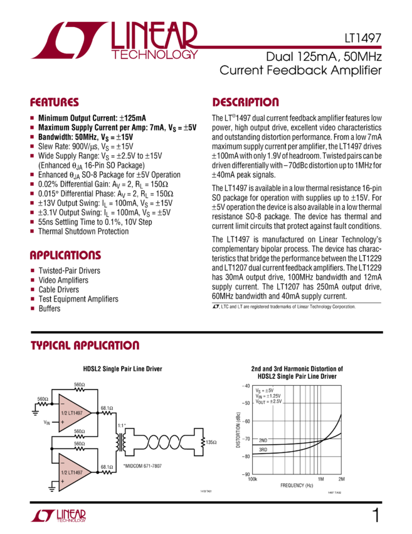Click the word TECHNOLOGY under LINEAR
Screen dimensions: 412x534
pos(154,55)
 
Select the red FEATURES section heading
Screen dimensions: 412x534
pos(55,102)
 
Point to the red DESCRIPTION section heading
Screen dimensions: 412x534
pos(246,102)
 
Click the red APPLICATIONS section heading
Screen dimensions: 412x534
pos(66,255)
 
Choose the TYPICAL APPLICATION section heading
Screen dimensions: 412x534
pos(85,346)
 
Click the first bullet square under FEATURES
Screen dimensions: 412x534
pos(32,117)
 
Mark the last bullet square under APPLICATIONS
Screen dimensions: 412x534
pos(32,308)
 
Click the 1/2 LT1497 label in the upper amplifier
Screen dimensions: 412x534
pos(72,413)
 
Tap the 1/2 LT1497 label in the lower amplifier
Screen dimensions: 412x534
pos(72,472)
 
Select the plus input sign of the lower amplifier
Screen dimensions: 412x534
pos(63,481)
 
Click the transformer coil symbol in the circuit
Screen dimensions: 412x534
pos(121,442)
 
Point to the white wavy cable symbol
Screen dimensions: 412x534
pos(164,442)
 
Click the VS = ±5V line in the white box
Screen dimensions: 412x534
pos(265,390)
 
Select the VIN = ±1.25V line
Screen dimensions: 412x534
pos(268,396)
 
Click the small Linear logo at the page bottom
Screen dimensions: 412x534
pos(58,516)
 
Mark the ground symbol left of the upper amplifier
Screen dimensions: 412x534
pos(35,414)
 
